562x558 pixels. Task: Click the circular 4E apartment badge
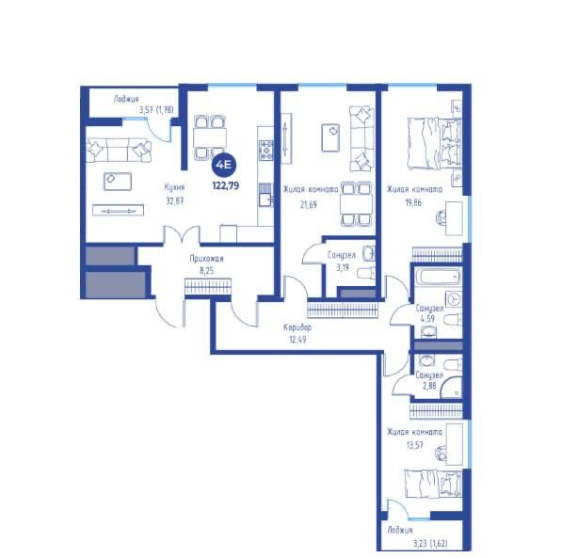tap(224, 166)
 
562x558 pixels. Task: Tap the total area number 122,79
tap(225, 186)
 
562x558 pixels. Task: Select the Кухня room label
tap(174, 187)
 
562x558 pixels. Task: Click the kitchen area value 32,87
tap(174, 200)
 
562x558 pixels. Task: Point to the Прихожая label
tap(206, 259)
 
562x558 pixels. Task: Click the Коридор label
tap(297, 327)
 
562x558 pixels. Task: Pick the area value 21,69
tap(308, 204)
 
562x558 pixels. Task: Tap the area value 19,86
tap(413, 202)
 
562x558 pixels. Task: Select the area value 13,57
tap(414, 445)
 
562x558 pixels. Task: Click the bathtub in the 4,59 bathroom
tap(438, 277)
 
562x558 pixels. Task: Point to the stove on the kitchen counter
tap(266, 151)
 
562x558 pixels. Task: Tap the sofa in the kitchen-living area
tap(119, 151)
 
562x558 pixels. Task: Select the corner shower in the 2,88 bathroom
tap(452, 388)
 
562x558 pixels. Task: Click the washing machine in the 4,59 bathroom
tap(454, 299)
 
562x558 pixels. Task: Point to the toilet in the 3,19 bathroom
tap(366, 273)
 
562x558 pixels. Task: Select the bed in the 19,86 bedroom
tap(434, 144)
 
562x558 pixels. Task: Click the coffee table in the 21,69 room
tap(330, 137)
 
